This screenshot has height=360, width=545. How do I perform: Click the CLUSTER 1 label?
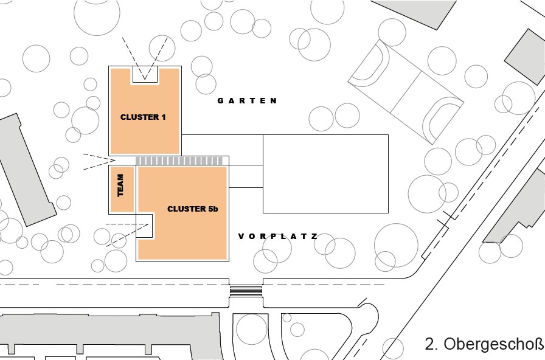[x=143, y=117]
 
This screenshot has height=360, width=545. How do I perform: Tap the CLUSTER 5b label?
[x=192, y=209]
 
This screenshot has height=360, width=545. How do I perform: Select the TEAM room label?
[x=120, y=185]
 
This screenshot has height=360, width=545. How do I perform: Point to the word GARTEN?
[x=248, y=101]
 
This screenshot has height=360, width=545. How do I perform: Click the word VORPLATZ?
[x=278, y=236]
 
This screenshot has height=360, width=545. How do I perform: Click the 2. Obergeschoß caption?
[x=484, y=344]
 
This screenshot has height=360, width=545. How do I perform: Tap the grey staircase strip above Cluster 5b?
[x=178, y=161]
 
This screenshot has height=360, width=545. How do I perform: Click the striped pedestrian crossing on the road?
[x=246, y=290]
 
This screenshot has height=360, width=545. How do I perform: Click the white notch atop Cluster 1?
[x=145, y=75]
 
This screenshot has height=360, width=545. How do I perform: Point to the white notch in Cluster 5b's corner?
[x=146, y=226]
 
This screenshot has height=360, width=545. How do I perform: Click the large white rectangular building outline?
[x=325, y=173]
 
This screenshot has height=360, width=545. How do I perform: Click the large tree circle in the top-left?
[x=97, y=13]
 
